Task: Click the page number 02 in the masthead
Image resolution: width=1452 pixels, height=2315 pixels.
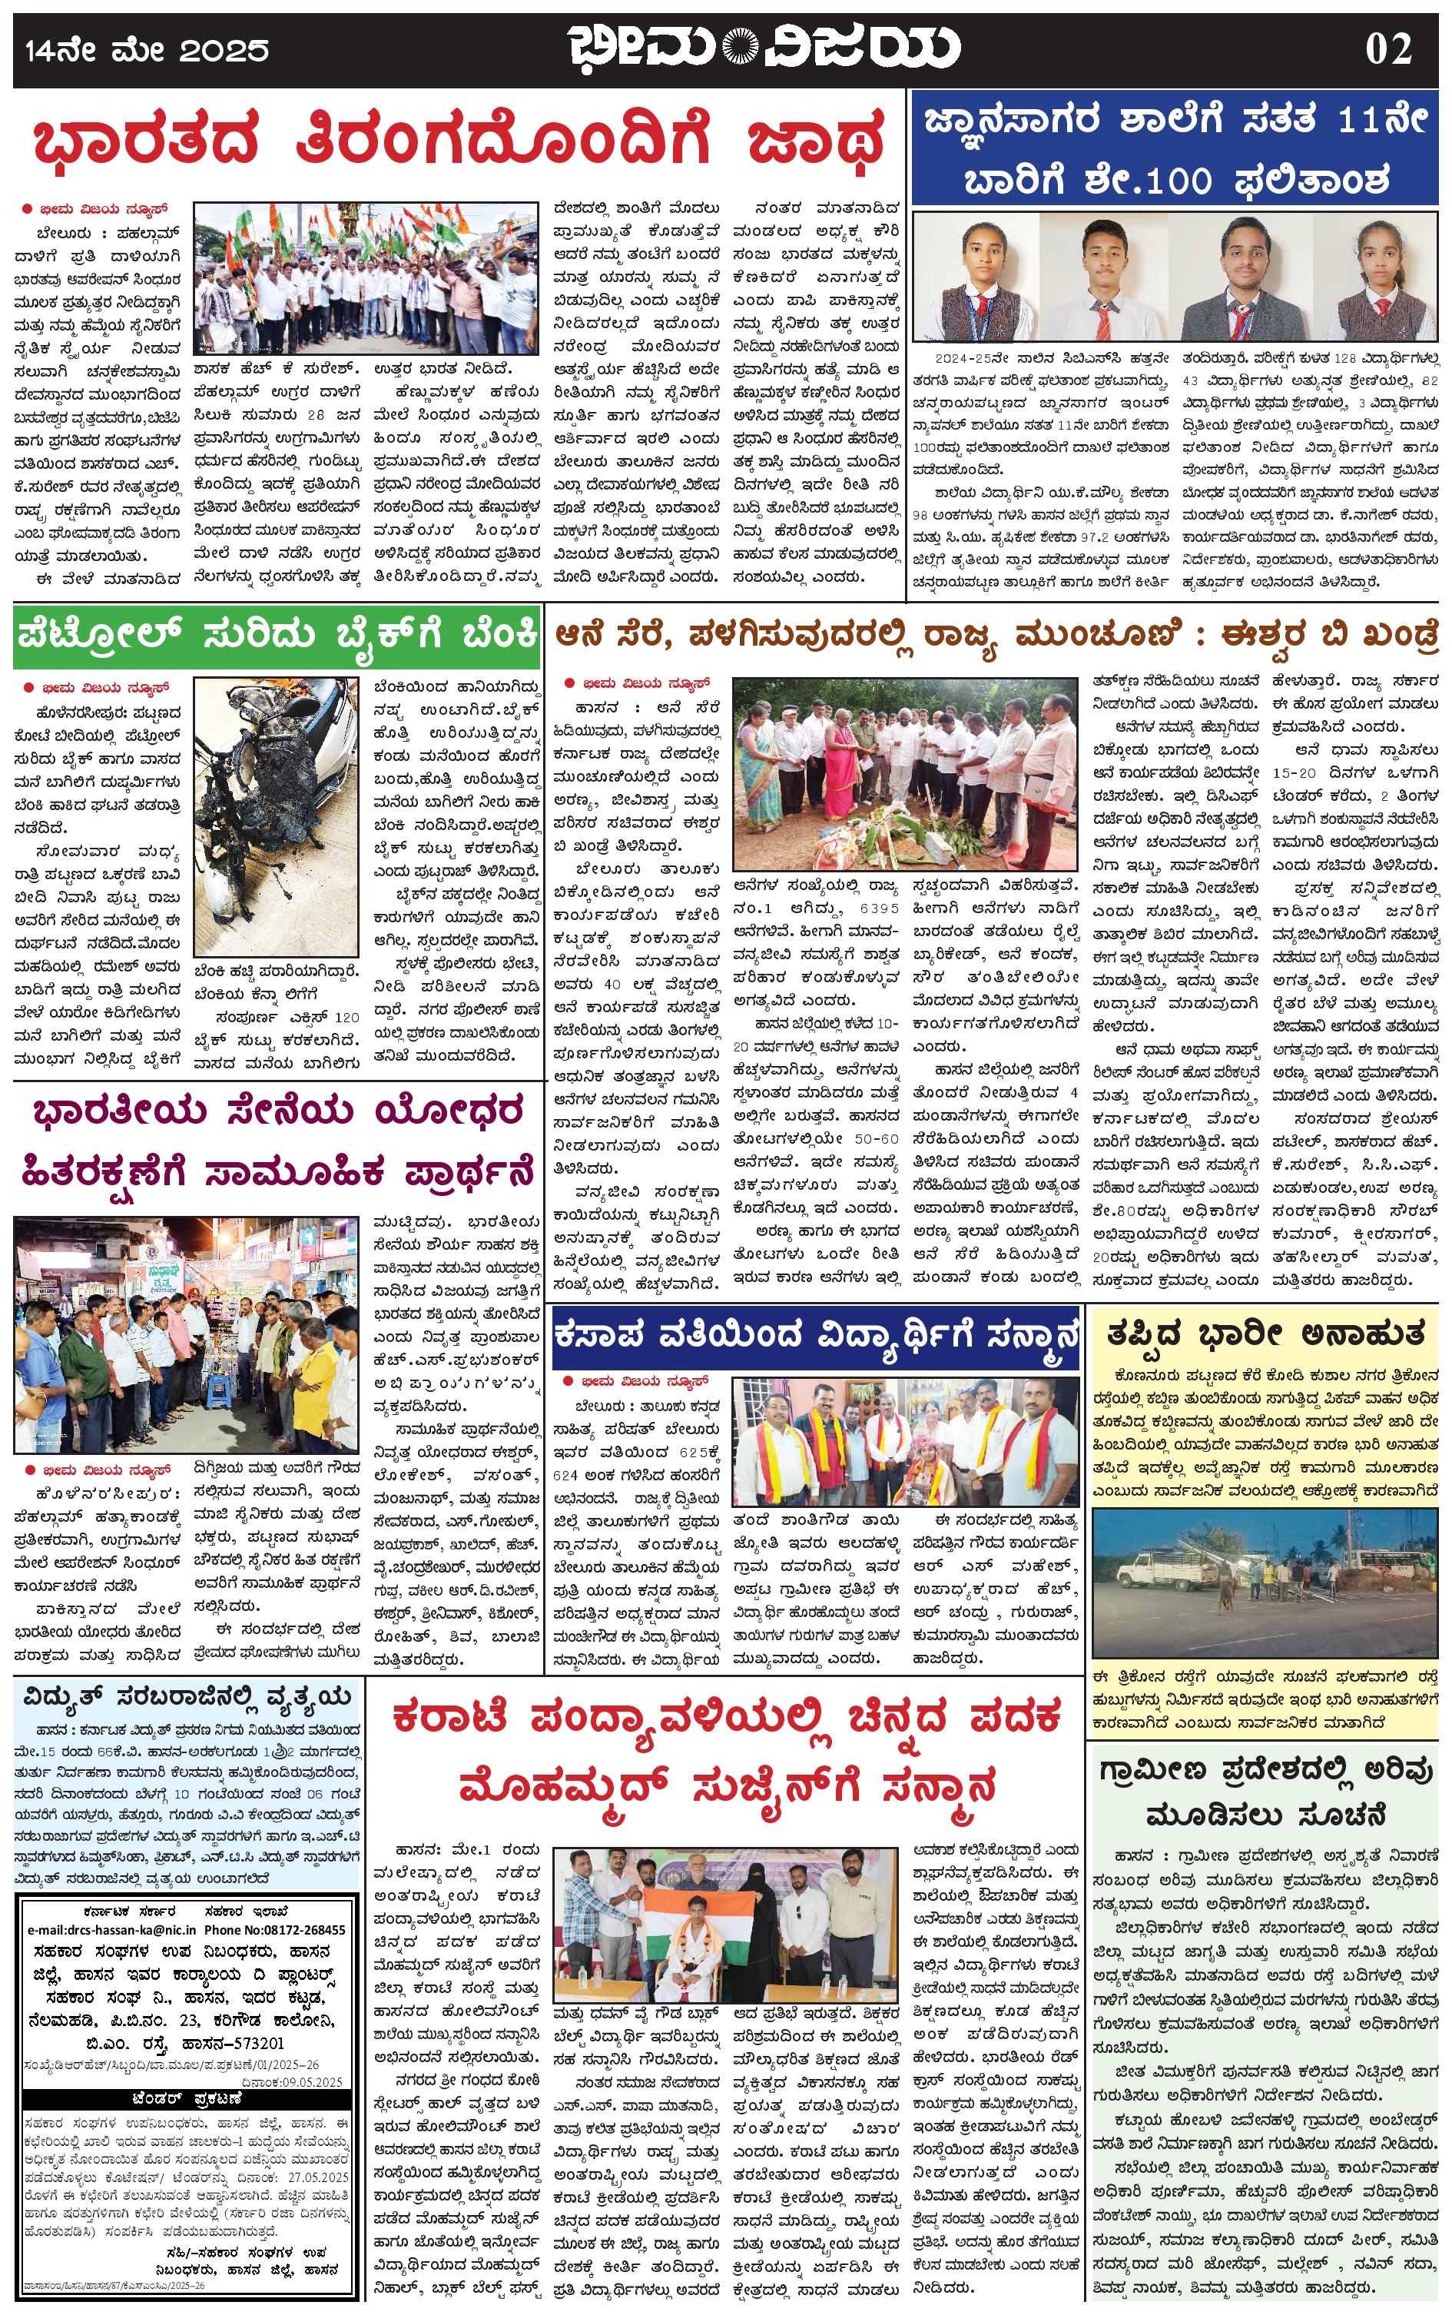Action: [x=1389, y=48]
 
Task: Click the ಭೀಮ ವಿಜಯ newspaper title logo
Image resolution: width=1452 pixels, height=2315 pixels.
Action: [x=764, y=48]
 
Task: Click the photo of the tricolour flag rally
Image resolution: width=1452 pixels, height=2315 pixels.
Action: [x=370, y=277]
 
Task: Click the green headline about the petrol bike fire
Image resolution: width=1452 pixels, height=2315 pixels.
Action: [x=277, y=636]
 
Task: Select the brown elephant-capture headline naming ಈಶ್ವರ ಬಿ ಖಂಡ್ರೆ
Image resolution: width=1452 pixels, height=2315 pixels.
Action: [x=996, y=636]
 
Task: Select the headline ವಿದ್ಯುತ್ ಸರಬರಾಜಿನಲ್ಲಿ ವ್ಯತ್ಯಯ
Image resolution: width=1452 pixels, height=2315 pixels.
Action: [x=188, y=1699]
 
